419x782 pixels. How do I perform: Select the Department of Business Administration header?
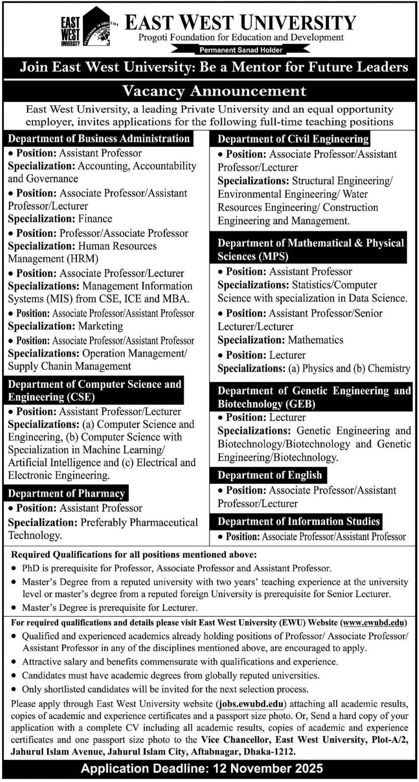[99, 139]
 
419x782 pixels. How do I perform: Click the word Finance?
[95, 219]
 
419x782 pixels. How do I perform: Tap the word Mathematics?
[315, 340]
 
